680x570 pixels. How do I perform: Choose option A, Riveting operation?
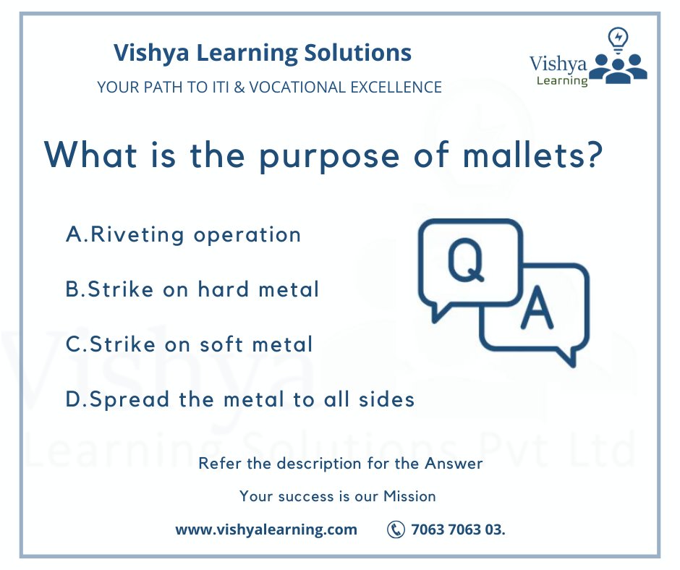[x=183, y=235]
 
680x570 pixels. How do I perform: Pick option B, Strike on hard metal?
[x=192, y=289]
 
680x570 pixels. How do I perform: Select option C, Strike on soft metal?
[x=190, y=344]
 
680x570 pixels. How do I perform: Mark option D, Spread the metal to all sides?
[x=240, y=399]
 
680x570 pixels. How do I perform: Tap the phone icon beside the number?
[x=396, y=529]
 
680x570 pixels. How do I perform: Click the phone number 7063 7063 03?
[x=458, y=529]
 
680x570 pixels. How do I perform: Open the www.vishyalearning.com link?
[x=266, y=529]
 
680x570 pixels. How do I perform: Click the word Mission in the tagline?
[x=409, y=496]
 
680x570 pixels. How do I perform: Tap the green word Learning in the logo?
[x=562, y=80]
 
